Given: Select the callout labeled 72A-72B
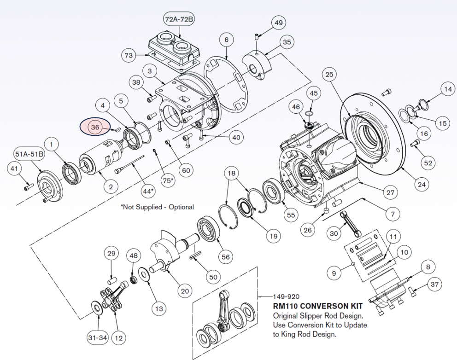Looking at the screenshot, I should (179, 19).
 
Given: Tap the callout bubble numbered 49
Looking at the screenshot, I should (278, 23).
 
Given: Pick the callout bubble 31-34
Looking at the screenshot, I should (97, 338).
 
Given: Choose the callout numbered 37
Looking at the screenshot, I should (434, 285).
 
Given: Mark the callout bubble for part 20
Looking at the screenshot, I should (185, 290).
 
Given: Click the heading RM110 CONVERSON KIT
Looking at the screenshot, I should (318, 306).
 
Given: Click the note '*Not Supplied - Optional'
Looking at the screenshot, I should (157, 207).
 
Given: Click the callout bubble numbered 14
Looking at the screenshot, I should (447, 88).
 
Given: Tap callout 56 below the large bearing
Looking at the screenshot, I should (226, 257).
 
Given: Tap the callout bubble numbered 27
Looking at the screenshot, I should (390, 192).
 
